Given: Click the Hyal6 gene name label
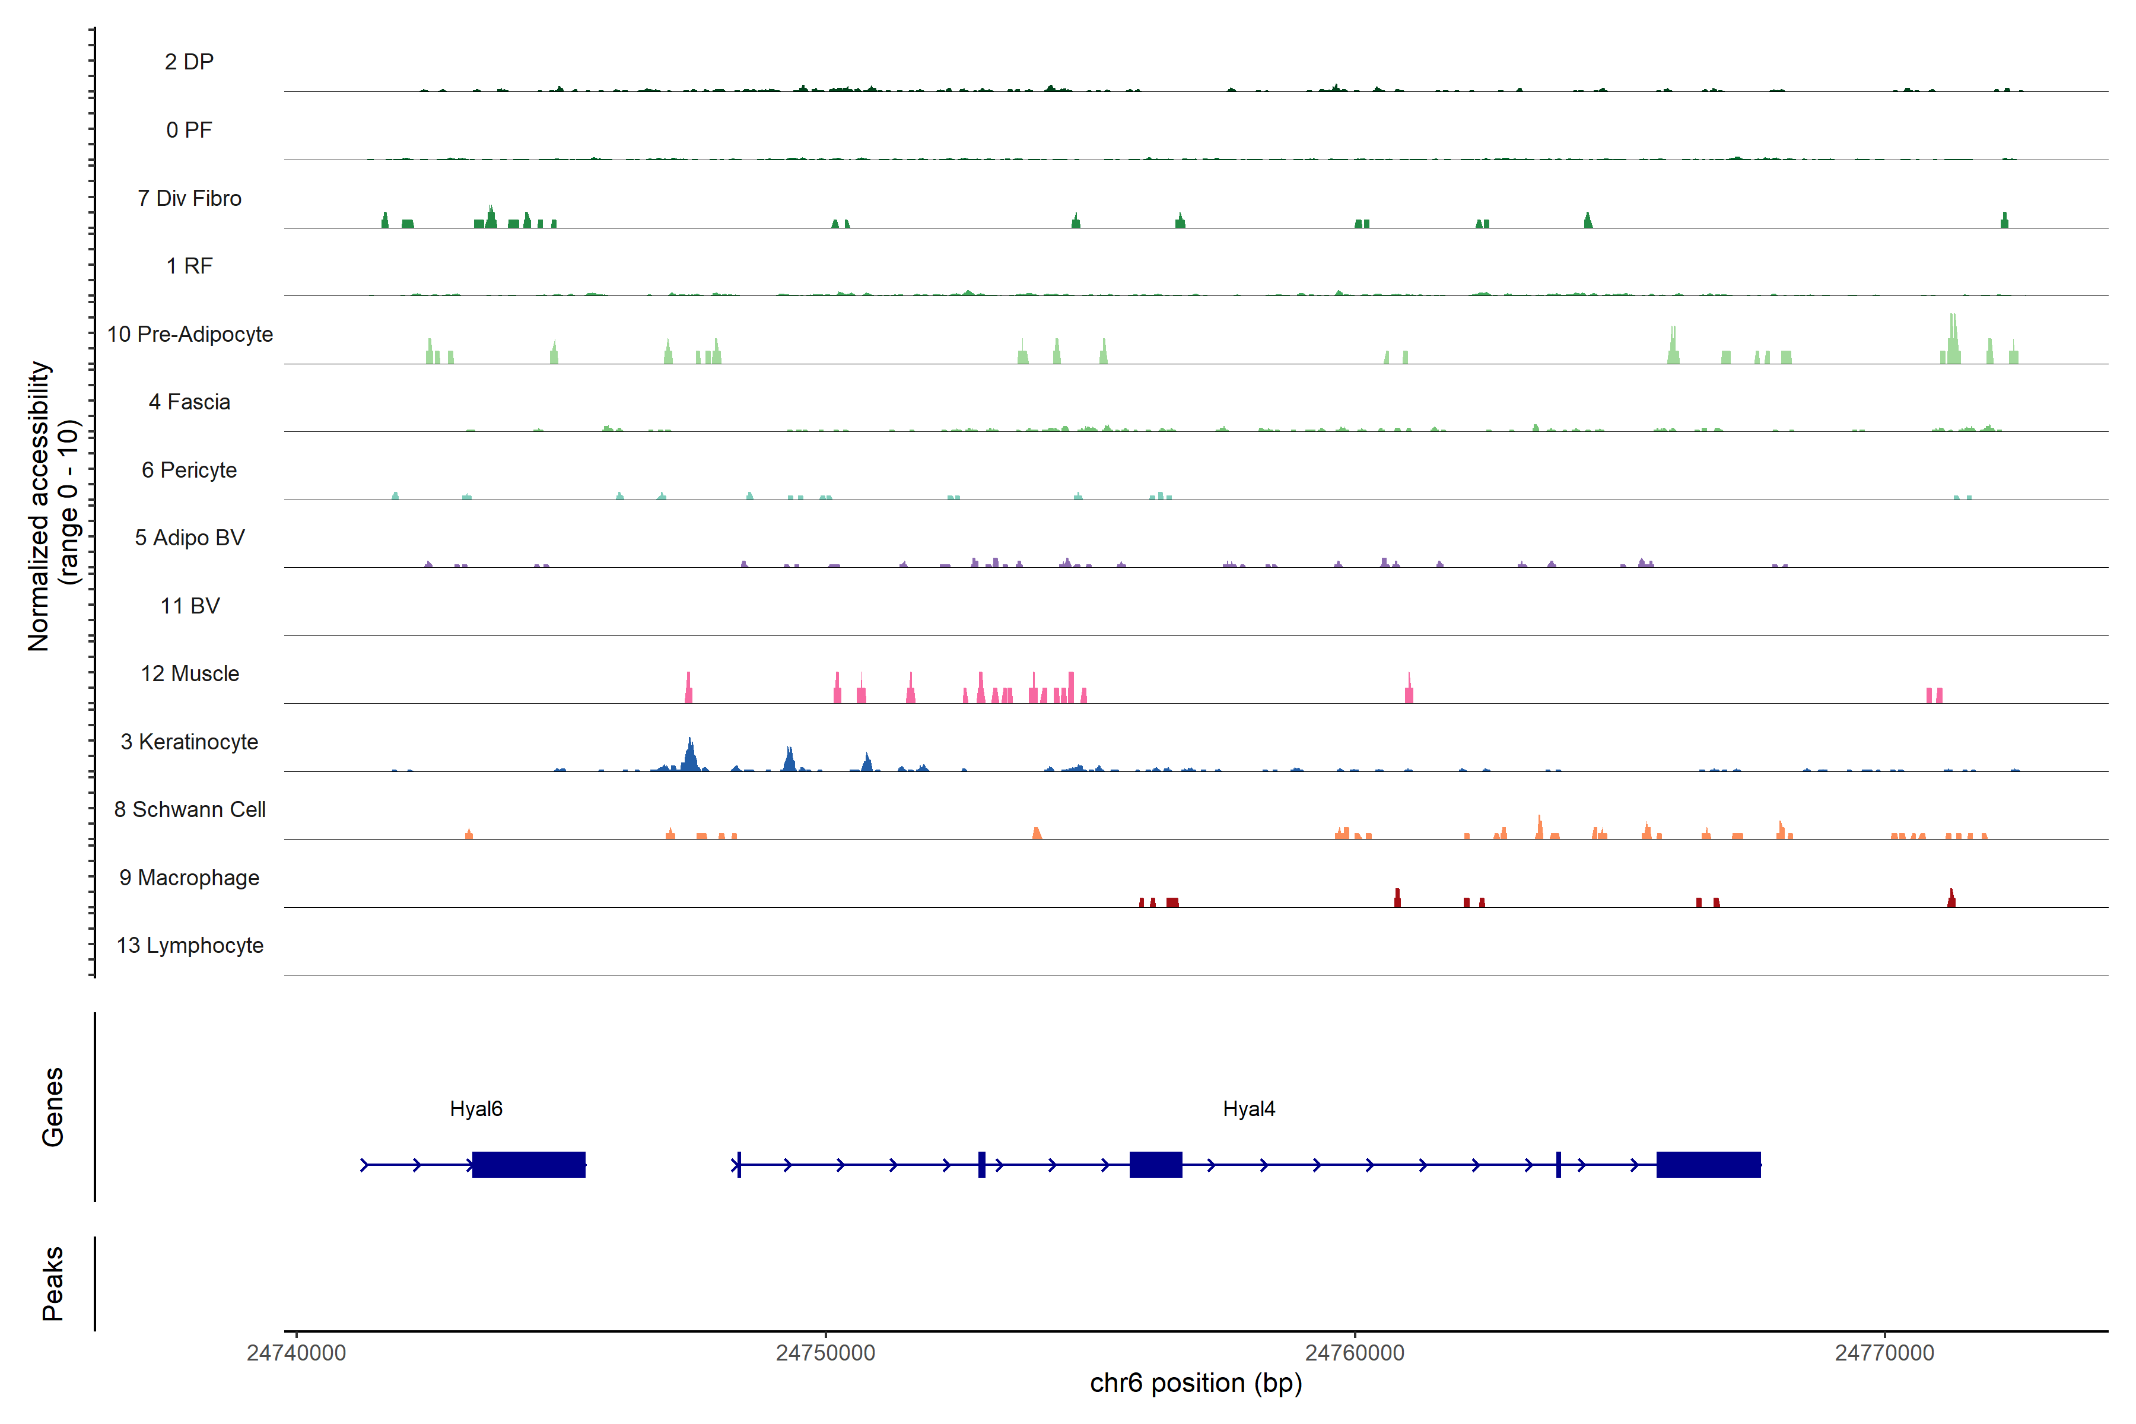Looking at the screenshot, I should (x=476, y=1109).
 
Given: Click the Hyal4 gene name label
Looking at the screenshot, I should (x=1249, y=1109).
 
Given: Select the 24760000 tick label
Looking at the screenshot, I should (x=1355, y=1353).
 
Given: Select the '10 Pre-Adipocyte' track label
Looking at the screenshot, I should (x=190, y=334).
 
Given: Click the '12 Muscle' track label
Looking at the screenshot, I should (x=190, y=674).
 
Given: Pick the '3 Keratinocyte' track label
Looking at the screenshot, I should (x=190, y=742).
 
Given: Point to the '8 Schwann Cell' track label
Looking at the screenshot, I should (x=190, y=809).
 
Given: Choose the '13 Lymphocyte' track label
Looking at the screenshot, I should (x=190, y=945).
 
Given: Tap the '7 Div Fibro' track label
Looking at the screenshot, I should (x=190, y=198).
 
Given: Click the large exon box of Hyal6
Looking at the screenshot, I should (x=529, y=1164).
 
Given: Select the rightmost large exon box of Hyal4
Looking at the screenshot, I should (x=1708, y=1164).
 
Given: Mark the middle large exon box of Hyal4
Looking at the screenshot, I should (x=1155, y=1164).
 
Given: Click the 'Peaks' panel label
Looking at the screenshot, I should (x=53, y=1283).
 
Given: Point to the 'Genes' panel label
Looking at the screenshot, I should (x=53, y=1107).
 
